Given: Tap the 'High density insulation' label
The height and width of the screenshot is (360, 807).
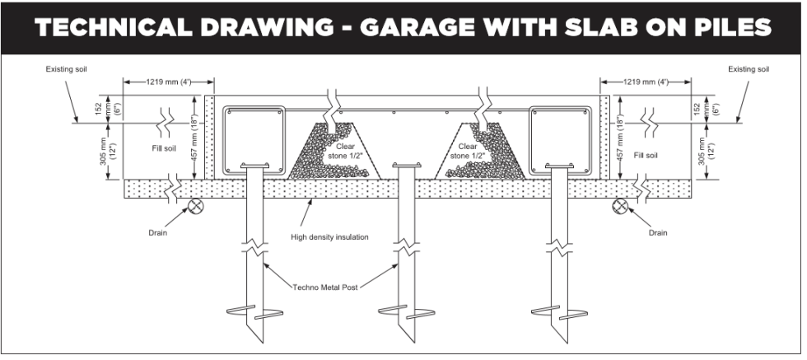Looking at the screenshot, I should click(329, 237).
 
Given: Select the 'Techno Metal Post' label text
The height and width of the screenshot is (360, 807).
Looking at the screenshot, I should click(329, 287).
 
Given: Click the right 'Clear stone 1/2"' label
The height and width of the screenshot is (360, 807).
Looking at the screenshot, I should click(473, 151).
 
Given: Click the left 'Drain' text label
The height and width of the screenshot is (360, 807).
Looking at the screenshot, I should click(158, 233).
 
